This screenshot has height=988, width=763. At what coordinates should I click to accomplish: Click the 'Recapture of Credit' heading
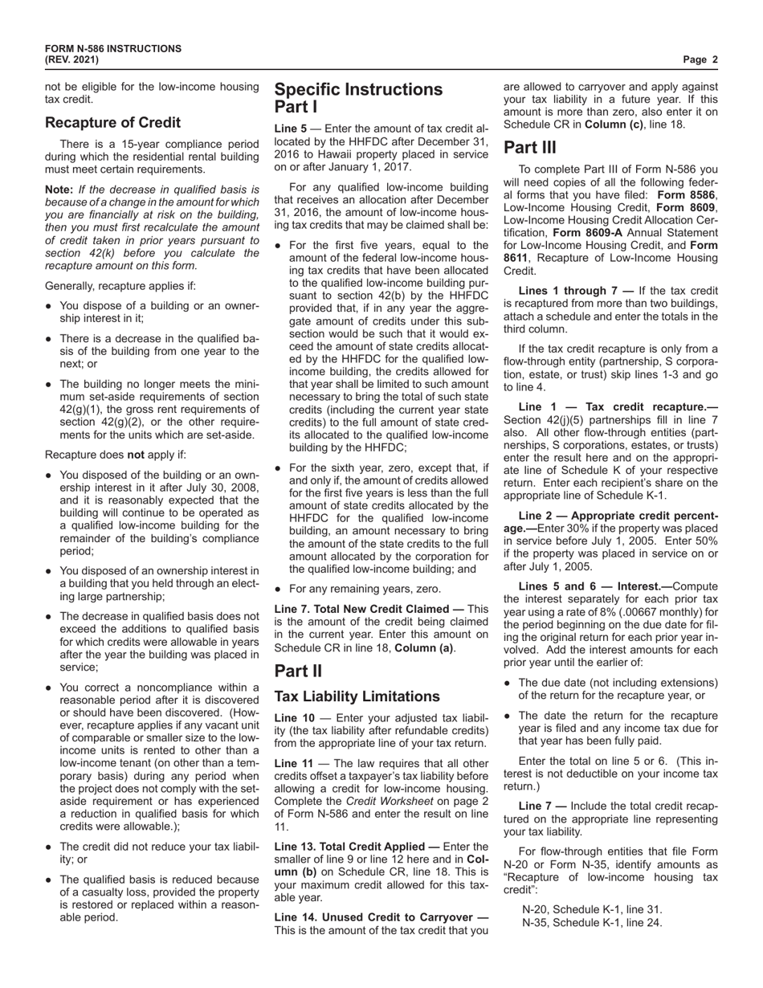click(x=112, y=123)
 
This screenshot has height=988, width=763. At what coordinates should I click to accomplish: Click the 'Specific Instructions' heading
click(x=358, y=90)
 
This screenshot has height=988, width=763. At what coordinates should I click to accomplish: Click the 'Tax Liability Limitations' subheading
click(x=357, y=696)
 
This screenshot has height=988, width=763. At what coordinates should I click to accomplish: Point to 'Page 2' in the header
click(x=700, y=59)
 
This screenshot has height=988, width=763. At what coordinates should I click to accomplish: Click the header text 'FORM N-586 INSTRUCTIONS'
click(x=112, y=49)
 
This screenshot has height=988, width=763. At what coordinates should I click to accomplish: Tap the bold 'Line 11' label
click(x=293, y=764)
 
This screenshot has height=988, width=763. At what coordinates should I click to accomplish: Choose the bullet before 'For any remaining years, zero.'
click(x=278, y=589)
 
